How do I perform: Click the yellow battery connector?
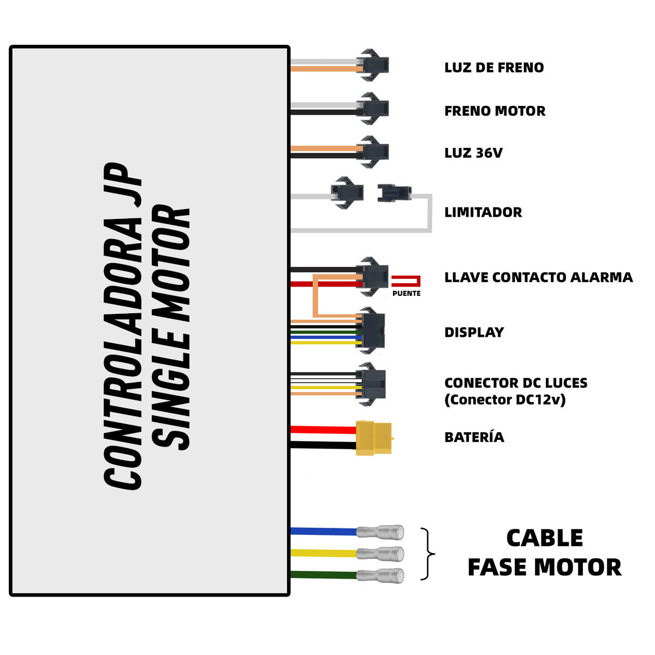[x=374, y=437]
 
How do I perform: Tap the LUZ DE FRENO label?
[x=494, y=68]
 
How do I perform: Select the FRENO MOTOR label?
[x=495, y=111]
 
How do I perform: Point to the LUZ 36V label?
[x=473, y=153]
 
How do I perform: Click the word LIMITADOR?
[x=483, y=212]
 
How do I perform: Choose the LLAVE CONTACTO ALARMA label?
[x=538, y=277]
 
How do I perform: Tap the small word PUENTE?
[x=407, y=294]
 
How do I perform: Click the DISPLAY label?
[x=474, y=332]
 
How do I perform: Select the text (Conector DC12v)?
[x=505, y=400]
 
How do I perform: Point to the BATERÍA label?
[x=474, y=437]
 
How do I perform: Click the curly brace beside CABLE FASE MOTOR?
[x=429, y=554]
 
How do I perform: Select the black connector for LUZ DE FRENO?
[x=374, y=65]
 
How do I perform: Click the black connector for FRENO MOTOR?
[x=374, y=108]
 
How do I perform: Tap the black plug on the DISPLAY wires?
[x=372, y=330]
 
